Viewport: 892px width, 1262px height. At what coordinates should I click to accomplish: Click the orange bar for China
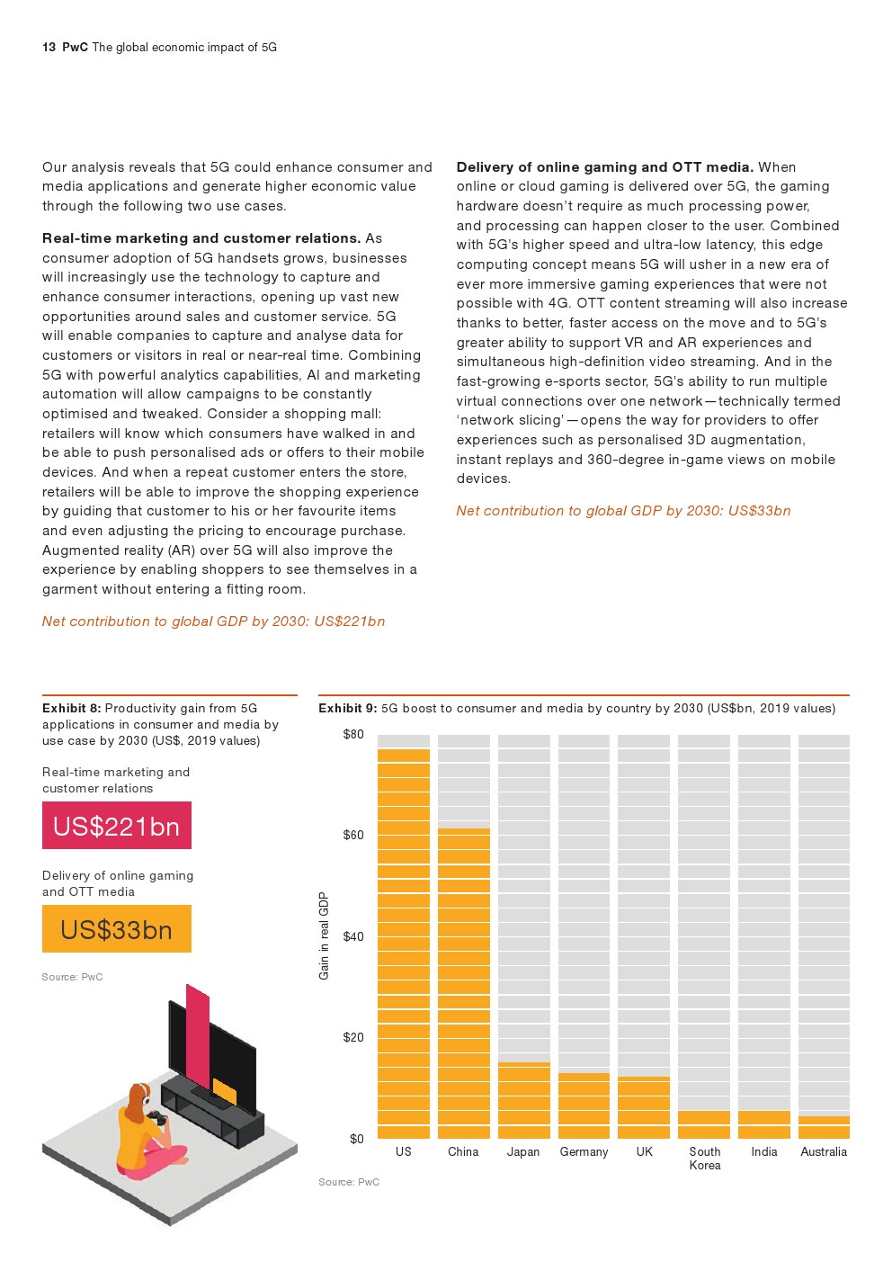coord(463,982)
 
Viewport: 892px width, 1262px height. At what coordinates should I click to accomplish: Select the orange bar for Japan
coord(523,1100)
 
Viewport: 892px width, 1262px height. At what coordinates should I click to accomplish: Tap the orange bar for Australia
coord(824,1127)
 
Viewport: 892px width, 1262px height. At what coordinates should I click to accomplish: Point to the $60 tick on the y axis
coord(353,836)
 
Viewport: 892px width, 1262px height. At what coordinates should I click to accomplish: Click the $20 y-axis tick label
coord(353,1038)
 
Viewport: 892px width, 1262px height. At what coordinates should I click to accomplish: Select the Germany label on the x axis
coord(584,1152)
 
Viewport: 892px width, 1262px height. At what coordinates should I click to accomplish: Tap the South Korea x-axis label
coord(705,1159)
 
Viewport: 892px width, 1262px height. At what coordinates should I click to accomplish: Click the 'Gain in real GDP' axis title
coord(325,935)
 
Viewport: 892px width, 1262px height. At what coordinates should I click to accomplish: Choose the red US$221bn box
coord(117,826)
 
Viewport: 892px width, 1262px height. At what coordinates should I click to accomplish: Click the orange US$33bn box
coord(117,929)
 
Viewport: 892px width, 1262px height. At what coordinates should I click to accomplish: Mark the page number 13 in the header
coord(49,48)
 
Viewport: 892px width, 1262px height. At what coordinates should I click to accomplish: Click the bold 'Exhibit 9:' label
coord(347,709)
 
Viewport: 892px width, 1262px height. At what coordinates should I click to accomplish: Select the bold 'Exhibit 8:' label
coord(71,709)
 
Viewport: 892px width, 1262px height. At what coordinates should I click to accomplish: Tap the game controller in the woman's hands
coord(156,1117)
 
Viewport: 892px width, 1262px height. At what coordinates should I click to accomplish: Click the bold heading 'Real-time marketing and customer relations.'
coord(201,238)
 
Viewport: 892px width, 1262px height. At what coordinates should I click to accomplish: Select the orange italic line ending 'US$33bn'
coord(623,511)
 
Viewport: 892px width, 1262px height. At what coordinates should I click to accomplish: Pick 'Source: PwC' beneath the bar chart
coord(349,1182)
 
